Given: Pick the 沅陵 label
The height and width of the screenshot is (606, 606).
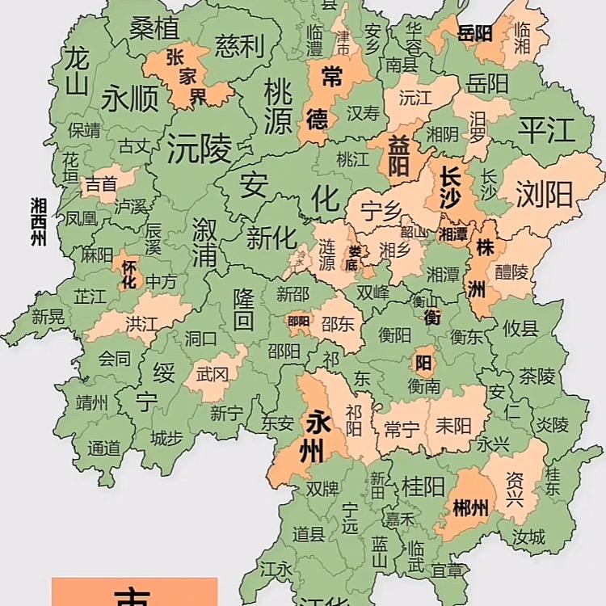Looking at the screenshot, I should point(199,148).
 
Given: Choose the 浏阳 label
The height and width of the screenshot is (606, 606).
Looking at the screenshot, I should point(543,194).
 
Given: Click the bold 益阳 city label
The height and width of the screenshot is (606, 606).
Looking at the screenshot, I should point(398,154).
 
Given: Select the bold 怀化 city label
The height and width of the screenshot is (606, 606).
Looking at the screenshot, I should point(128,274).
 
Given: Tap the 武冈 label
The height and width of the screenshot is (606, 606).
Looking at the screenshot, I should point(212,375).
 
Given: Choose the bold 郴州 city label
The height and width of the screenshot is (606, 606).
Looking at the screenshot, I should point(469,508).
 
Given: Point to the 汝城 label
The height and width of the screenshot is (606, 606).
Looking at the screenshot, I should point(528,536).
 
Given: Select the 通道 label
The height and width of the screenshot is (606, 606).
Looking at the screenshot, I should point(103,447).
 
